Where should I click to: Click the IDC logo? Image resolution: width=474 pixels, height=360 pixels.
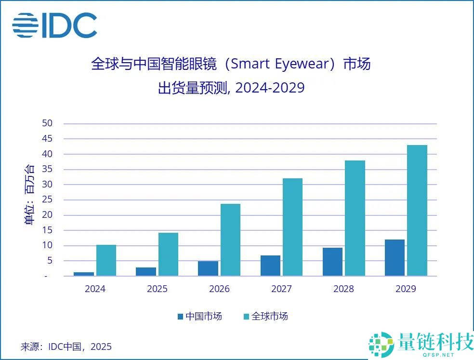(x=54, y=25)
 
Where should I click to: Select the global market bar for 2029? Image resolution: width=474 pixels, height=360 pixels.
(x=417, y=211)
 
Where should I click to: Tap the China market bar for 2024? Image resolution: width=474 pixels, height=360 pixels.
(x=84, y=274)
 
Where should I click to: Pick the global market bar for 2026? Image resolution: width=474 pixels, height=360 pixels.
(x=230, y=240)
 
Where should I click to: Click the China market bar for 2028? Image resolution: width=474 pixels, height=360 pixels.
(x=332, y=262)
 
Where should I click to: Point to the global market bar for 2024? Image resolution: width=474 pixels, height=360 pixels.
(x=106, y=261)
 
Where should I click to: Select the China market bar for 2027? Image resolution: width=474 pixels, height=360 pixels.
(x=270, y=266)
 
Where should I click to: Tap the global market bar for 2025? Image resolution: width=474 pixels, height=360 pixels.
(x=168, y=254)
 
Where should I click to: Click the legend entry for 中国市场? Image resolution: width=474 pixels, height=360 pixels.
(x=199, y=317)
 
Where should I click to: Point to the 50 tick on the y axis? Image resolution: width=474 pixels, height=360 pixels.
(x=47, y=123)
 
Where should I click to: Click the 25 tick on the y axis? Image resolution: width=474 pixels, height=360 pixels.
(x=47, y=200)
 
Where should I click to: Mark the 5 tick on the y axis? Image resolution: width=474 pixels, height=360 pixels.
(x=50, y=261)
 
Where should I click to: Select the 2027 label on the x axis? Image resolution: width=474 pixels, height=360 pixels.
(x=281, y=289)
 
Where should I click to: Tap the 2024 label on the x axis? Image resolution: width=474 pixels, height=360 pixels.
(x=95, y=289)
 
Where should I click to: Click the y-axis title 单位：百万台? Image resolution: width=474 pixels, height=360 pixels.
(x=29, y=195)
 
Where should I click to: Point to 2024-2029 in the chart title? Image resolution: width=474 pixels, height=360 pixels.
(x=270, y=88)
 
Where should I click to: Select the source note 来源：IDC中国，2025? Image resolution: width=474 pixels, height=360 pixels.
(x=66, y=347)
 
